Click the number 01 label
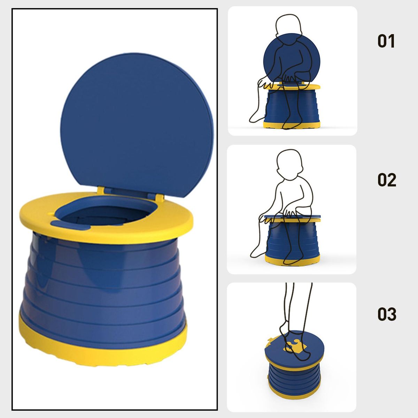pos(386,41)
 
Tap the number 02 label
pos(387,180)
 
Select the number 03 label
pos(387,314)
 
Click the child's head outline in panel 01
pos(289,27)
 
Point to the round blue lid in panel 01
pos(292,58)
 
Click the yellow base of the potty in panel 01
pos(292,125)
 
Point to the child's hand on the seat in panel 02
pos(291,213)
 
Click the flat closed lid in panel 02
pos(292,216)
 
